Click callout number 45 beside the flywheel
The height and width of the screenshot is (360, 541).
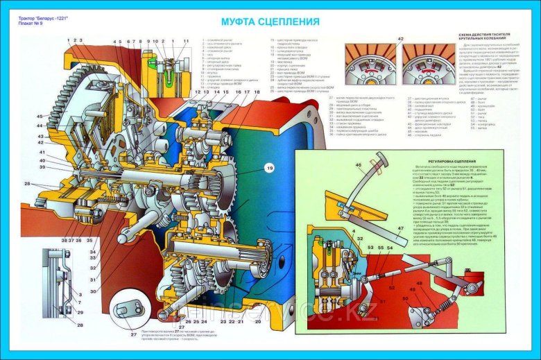click(40, 116)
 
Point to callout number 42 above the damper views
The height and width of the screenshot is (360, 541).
click(400, 39)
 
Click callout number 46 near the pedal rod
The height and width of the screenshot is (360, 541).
click(359, 164)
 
